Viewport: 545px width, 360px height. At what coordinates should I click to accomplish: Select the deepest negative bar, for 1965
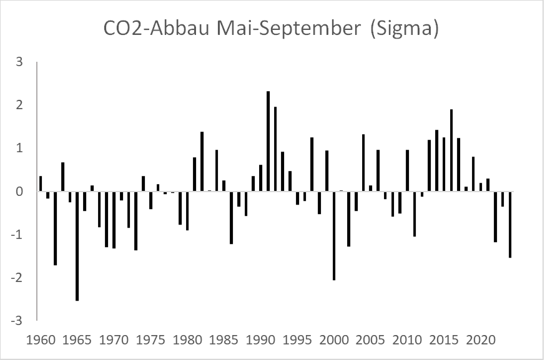pyautogui.click(x=77, y=246)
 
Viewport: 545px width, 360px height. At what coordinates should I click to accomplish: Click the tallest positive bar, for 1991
pyautogui.click(x=268, y=142)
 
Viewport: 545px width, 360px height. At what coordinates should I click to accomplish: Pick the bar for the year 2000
pyautogui.click(x=334, y=236)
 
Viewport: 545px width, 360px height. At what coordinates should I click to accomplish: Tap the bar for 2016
pyautogui.click(x=451, y=150)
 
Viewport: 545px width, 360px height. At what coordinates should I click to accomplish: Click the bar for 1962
pyautogui.click(x=55, y=228)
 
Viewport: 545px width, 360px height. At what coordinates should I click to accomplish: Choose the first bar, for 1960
pyautogui.click(x=41, y=184)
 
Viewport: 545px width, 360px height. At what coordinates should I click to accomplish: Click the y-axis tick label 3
pyautogui.click(x=20, y=62)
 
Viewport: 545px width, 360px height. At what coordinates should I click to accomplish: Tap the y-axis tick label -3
pyautogui.click(x=19, y=321)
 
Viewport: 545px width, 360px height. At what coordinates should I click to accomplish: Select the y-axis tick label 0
pyautogui.click(x=20, y=192)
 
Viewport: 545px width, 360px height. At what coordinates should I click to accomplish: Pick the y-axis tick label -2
pyautogui.click(x=19, y=278)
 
